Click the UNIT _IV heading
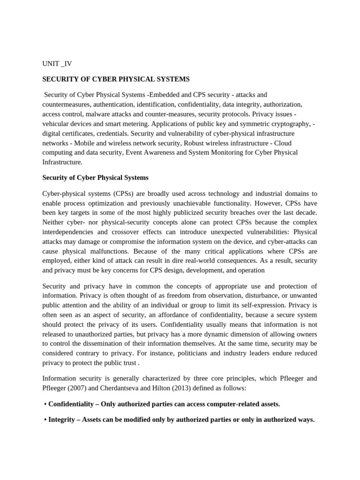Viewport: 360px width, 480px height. tap(57, 64)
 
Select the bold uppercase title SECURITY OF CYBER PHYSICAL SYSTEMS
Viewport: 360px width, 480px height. tap(116, 79)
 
